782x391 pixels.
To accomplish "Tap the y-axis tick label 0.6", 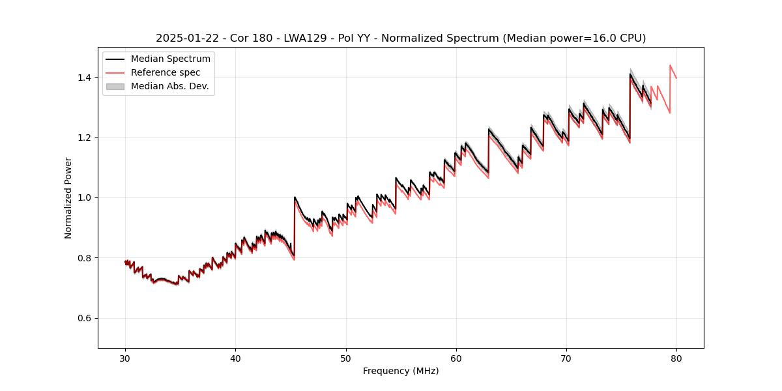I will click(x=84, y=318).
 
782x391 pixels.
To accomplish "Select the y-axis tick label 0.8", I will click(x=84, y=258).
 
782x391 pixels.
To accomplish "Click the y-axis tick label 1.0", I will click(x=84, y=197).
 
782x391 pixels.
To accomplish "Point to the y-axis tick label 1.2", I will click(x=84, y=138).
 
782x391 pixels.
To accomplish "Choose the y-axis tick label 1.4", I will click(x=84, y=78).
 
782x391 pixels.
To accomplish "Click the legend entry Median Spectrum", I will click(x=170, y=59).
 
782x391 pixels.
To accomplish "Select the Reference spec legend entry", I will click(x=166, y=73).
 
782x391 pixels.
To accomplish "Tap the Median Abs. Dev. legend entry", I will click(x=169, y=86).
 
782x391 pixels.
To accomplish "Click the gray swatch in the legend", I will click(x=115, y=86).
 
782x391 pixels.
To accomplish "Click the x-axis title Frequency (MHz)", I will click(x=401, y=371).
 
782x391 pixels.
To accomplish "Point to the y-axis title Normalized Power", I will click(x=68, y=197).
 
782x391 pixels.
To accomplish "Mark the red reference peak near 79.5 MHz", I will click(x=670, y=65).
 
